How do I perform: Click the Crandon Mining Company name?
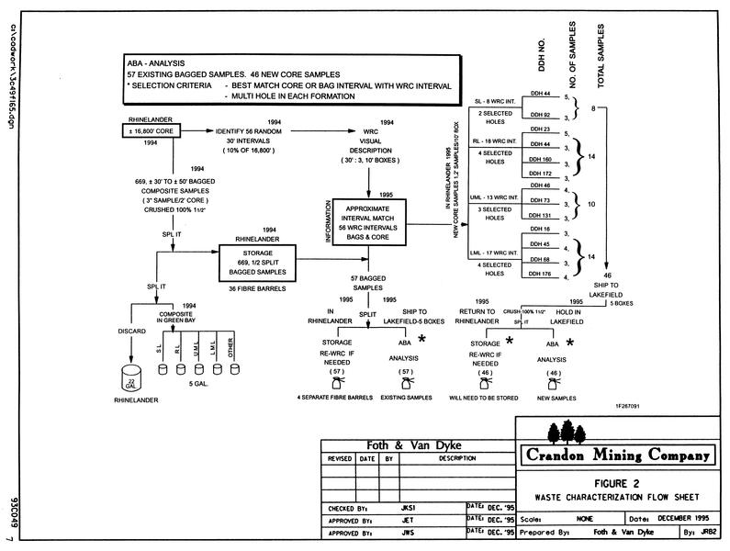coord(617,455)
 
